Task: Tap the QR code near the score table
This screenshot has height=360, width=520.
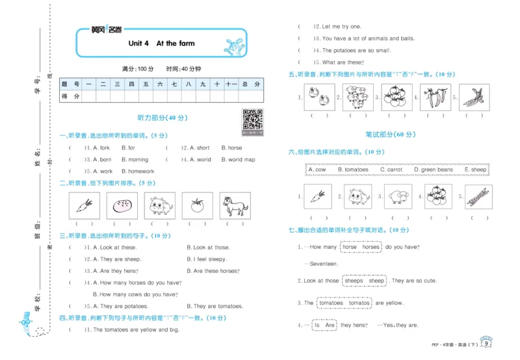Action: [252, 120]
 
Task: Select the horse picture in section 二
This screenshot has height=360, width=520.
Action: [235, 206]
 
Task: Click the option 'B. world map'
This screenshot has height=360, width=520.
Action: [238, 159]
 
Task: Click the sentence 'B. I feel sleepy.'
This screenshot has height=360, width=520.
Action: [207, 259]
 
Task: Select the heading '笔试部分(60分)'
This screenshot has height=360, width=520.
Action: [389, 134]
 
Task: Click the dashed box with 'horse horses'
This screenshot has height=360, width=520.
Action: [361, 247]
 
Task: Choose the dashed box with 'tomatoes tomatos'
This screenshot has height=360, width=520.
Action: [344, 303]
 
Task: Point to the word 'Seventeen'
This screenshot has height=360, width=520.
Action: [324, 264]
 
